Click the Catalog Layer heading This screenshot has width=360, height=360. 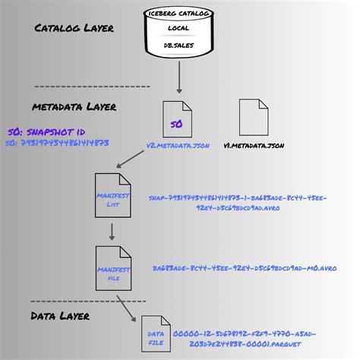click(x=74, y=29)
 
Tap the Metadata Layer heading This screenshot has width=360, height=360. click(x=74, y=106)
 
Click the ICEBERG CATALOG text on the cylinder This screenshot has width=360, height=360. click(x=179, y=13)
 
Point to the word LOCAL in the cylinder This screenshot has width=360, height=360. click(x=179, y=28)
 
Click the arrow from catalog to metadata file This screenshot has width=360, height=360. click(x=179, y=76)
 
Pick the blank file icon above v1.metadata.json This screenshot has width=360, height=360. click(x=254, y=118)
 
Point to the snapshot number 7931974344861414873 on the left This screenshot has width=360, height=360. click(x=58, y=142)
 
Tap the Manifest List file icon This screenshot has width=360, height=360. click(x=111, y=196)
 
